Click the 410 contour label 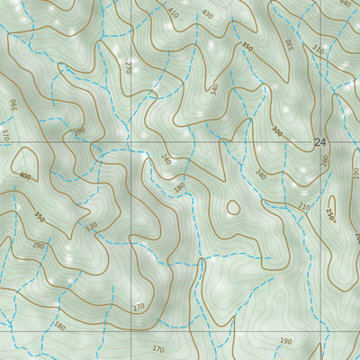[173, 13]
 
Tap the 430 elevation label [208, 14]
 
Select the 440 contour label [344, 4]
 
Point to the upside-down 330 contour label [291, 41]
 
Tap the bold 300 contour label [276, 132]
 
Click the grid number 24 [321, 142]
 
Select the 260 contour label [325, 161]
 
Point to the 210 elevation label [304, 208]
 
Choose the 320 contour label [91, 227]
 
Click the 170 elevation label [158, 348]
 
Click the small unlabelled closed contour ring [233, 208]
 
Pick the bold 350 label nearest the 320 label [39, 217]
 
